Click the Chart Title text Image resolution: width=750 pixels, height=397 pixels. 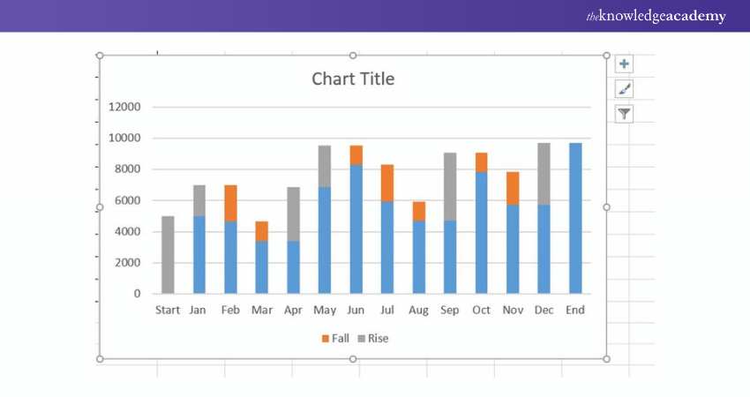point(353,79)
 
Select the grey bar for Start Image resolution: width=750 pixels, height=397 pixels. point(168,254)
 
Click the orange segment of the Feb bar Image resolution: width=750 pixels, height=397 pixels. point(230,203)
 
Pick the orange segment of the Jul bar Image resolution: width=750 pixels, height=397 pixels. point(388,183)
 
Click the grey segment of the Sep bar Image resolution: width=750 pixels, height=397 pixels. point(450,186)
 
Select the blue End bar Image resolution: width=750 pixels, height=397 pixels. point(575,218)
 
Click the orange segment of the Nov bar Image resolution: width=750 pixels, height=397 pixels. point(513,188)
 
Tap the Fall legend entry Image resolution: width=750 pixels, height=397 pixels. point(336,338)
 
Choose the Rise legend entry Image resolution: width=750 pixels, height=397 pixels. point(372,338)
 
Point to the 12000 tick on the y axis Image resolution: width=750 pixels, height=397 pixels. point(124,107)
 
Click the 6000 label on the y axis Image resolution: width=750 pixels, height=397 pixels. point(126,200)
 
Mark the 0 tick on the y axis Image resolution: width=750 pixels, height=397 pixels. point(137,294)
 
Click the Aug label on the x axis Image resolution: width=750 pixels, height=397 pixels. point(419,310)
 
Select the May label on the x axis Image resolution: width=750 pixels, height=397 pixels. point(325,310)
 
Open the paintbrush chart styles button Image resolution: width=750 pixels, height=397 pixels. point(624,89)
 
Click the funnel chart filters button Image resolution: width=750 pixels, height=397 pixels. point(624,113)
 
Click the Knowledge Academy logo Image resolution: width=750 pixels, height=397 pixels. point(656,16)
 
